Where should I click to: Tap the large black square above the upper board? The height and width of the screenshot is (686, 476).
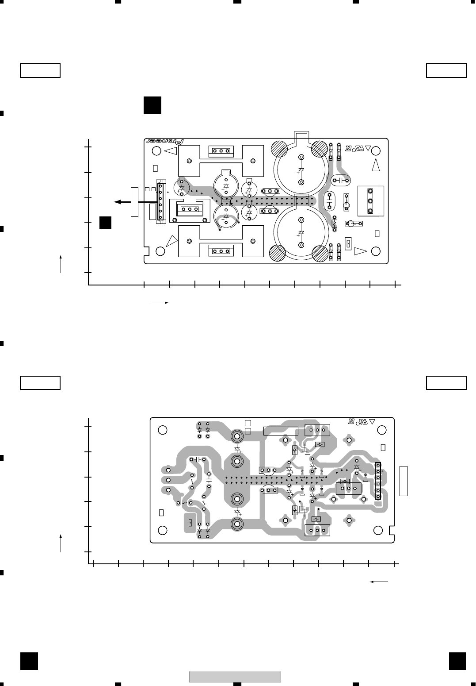pyautogui.click(x=152, y=105)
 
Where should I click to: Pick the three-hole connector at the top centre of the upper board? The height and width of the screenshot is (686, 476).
pyautogui.click(x=221, y=151)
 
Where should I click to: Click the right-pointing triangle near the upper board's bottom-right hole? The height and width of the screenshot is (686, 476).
pyautogui.click(x=360, y=251)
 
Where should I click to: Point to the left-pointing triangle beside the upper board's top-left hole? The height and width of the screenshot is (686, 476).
pyautogui.click(x=171, y=151)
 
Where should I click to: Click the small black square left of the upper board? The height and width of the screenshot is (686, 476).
pyautogui.click(x=105, y=223)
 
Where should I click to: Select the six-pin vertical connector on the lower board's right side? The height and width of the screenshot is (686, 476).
pyautogui.click(x=378, y=481)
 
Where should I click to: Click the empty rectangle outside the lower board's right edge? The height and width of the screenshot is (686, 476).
pyautogui.click(x=403, y=481)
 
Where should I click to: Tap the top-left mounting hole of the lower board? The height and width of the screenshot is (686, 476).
pyautogui.click(x=162, y=430)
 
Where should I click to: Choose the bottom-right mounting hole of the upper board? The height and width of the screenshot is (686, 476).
pyautogui.click(x=376, y=251)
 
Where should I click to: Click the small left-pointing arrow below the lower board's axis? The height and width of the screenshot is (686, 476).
pyautogui.click(x=379, y=582)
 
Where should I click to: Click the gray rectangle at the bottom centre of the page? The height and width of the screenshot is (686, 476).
pyautogui.click(x=235, y=677)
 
